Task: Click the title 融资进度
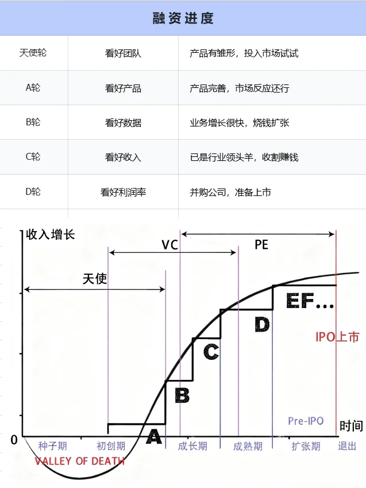(x=183, y=18)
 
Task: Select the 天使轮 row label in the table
(x=33, y=53)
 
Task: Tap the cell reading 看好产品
(x=123, y=89)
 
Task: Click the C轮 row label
(x=33, y=157)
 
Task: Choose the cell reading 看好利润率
(x=123, y=192)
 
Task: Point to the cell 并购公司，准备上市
(x=230, y=192)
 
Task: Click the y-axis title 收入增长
(x=51, y=235)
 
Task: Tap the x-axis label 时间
(x=351, y=426)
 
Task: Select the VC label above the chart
(x=169, y=245)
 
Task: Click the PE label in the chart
(x=261, y=245)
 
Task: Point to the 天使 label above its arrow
(x=95, y=279)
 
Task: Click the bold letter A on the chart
(x=153, y=437)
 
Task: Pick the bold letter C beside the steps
(x=211, y=351)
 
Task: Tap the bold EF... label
(x=309, y=302)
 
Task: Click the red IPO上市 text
(x=337, y=337)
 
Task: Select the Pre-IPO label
(x=306, y=421)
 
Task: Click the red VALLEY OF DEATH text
(x=79, y=461)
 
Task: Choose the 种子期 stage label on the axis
(x=52, y=446)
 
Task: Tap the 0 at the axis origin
(x=14, y=440)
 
